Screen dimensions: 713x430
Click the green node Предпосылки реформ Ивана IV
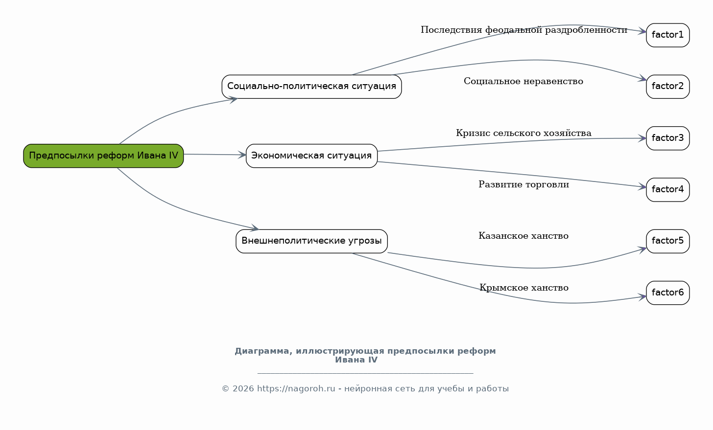[103, 156]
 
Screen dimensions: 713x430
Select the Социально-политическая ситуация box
[311, 87]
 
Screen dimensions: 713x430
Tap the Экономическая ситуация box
[311, 156]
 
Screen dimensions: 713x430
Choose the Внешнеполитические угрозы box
[311, 241]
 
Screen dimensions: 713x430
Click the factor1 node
[668, 35]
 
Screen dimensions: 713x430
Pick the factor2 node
[668, 87]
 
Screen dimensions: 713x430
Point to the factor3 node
[668, 138]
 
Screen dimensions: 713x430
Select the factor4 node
[668, 190]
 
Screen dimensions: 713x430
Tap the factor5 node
[668, 241]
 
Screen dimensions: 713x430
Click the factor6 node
[668, 293]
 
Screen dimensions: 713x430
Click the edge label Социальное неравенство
[523, 81]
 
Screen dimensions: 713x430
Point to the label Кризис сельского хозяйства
[523, 133]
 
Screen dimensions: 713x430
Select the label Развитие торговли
[523, 184]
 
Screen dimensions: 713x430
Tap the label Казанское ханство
[523, 236]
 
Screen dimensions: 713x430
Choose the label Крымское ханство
[524, 288]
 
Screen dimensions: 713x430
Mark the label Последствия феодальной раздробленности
[524, 30]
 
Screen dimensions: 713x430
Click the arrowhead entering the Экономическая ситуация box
[242, 155]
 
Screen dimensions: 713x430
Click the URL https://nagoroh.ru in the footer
[296, 388]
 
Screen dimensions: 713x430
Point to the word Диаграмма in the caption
[263, 351]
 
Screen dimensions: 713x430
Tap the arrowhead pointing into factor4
[642, 187]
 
